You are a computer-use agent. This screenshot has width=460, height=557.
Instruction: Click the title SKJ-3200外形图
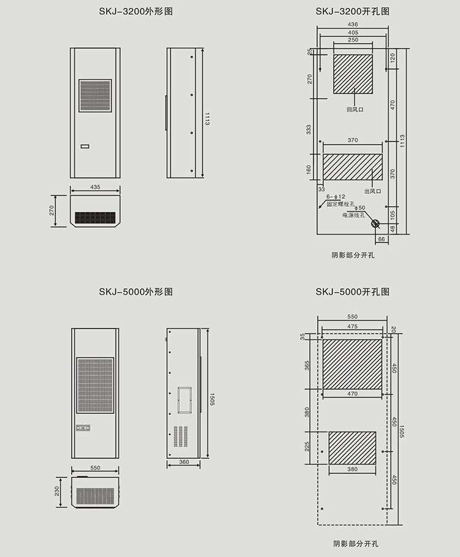pos(136,12)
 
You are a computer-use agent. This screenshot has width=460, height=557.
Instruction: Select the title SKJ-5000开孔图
pos(353,291)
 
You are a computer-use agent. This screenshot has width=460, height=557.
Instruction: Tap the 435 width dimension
pos(95,187)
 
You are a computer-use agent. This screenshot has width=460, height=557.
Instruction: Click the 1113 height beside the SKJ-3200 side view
pos(207,118)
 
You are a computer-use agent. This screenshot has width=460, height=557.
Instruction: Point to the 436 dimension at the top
pos(353,25)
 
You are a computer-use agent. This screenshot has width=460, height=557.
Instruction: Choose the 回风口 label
pos(355,110)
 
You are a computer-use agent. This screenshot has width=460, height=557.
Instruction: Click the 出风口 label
pos(373,191)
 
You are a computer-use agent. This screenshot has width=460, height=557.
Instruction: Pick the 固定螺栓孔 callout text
pos(340,204)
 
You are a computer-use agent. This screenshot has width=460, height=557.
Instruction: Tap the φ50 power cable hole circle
pos(375,223)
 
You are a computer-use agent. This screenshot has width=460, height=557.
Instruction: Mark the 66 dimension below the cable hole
pos(381,239)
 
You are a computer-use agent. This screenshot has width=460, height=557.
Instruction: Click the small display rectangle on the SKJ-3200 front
pos(85,146)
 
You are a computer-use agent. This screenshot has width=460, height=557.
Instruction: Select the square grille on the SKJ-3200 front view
pos(95,96)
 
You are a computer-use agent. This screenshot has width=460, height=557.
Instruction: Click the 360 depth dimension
pos(184,462)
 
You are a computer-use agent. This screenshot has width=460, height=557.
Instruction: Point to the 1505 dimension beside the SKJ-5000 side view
pos(212,399)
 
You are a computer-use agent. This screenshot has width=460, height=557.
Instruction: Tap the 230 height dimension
pos(57,491)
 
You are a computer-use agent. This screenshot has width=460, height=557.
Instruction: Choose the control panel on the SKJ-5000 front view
pos(83,428)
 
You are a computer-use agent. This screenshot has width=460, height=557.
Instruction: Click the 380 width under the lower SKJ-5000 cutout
pos(353,469)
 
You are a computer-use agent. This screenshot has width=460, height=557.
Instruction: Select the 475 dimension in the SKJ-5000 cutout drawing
pos(353,326)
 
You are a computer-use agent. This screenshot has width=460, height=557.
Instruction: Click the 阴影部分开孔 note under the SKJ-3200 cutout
pos(353,255)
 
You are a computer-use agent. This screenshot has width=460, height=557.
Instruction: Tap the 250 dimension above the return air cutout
pos(353,40)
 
